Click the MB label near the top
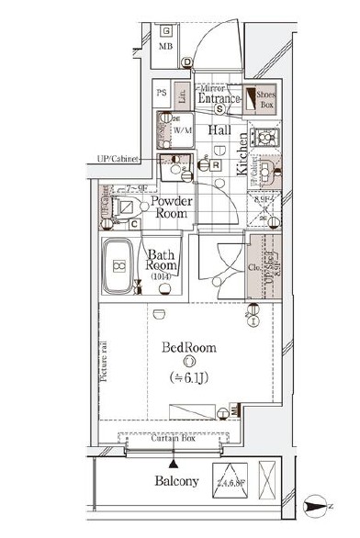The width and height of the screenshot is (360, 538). [167, 46]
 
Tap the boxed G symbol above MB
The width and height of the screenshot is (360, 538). [167, 28]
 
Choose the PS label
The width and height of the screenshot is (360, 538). [161, 94]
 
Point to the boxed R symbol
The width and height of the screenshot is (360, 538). [215, 166]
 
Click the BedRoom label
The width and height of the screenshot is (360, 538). [189, 350]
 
